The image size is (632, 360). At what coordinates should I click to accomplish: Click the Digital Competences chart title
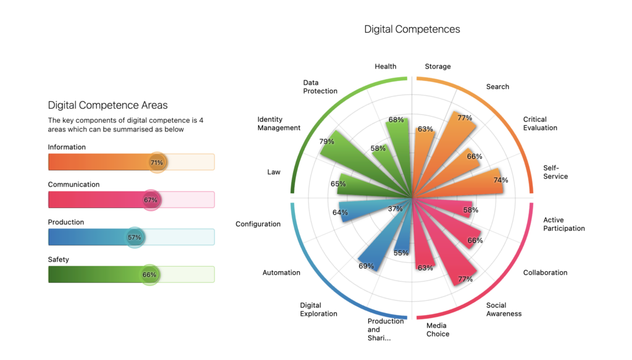412,29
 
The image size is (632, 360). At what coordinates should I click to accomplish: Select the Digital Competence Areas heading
107,105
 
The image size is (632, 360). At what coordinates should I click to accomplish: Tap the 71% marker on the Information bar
157,162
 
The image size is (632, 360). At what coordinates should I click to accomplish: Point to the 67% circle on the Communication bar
151,200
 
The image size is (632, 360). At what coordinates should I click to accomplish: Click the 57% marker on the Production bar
135,237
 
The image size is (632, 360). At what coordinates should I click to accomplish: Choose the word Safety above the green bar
59,259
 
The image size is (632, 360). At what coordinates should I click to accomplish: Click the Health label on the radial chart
385,66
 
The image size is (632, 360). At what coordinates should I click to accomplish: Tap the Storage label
438,66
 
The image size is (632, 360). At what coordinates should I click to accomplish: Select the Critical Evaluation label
540,123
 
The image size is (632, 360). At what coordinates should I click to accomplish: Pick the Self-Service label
555,172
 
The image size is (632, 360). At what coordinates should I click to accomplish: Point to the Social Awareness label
504,309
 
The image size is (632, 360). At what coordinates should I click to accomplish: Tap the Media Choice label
438,330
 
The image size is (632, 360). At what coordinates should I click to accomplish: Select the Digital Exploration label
318,309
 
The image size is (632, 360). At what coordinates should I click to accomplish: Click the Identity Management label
279,123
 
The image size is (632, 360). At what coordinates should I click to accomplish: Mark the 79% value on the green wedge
326,141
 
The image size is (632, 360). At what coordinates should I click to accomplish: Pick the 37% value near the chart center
395,209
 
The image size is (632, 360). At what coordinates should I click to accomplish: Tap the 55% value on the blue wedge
401,253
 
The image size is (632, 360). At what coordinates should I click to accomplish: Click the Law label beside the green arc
273,172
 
